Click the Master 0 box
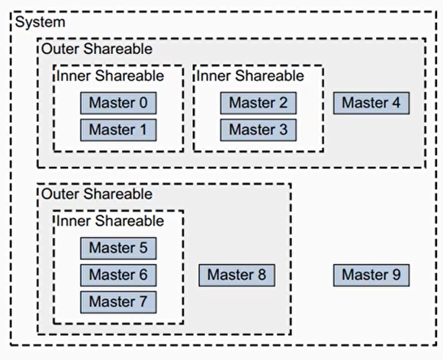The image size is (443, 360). coord(118,103)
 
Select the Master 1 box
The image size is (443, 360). coord(118,129)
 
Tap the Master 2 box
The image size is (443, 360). coord(258,103)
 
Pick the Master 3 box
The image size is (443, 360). coord(258,129)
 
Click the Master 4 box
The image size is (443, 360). coord(371,103)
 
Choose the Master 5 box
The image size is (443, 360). coord(118,248)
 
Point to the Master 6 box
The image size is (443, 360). coord(118,275)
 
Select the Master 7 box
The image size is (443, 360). coord(118,301)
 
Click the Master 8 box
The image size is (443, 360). coord(236,275)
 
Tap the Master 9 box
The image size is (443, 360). coord(371,275)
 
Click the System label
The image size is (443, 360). coord(40,22)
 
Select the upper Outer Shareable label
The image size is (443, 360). coord(96,49)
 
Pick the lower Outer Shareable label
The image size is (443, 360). coord(96,194)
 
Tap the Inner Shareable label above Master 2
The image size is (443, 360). coord(250,76)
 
